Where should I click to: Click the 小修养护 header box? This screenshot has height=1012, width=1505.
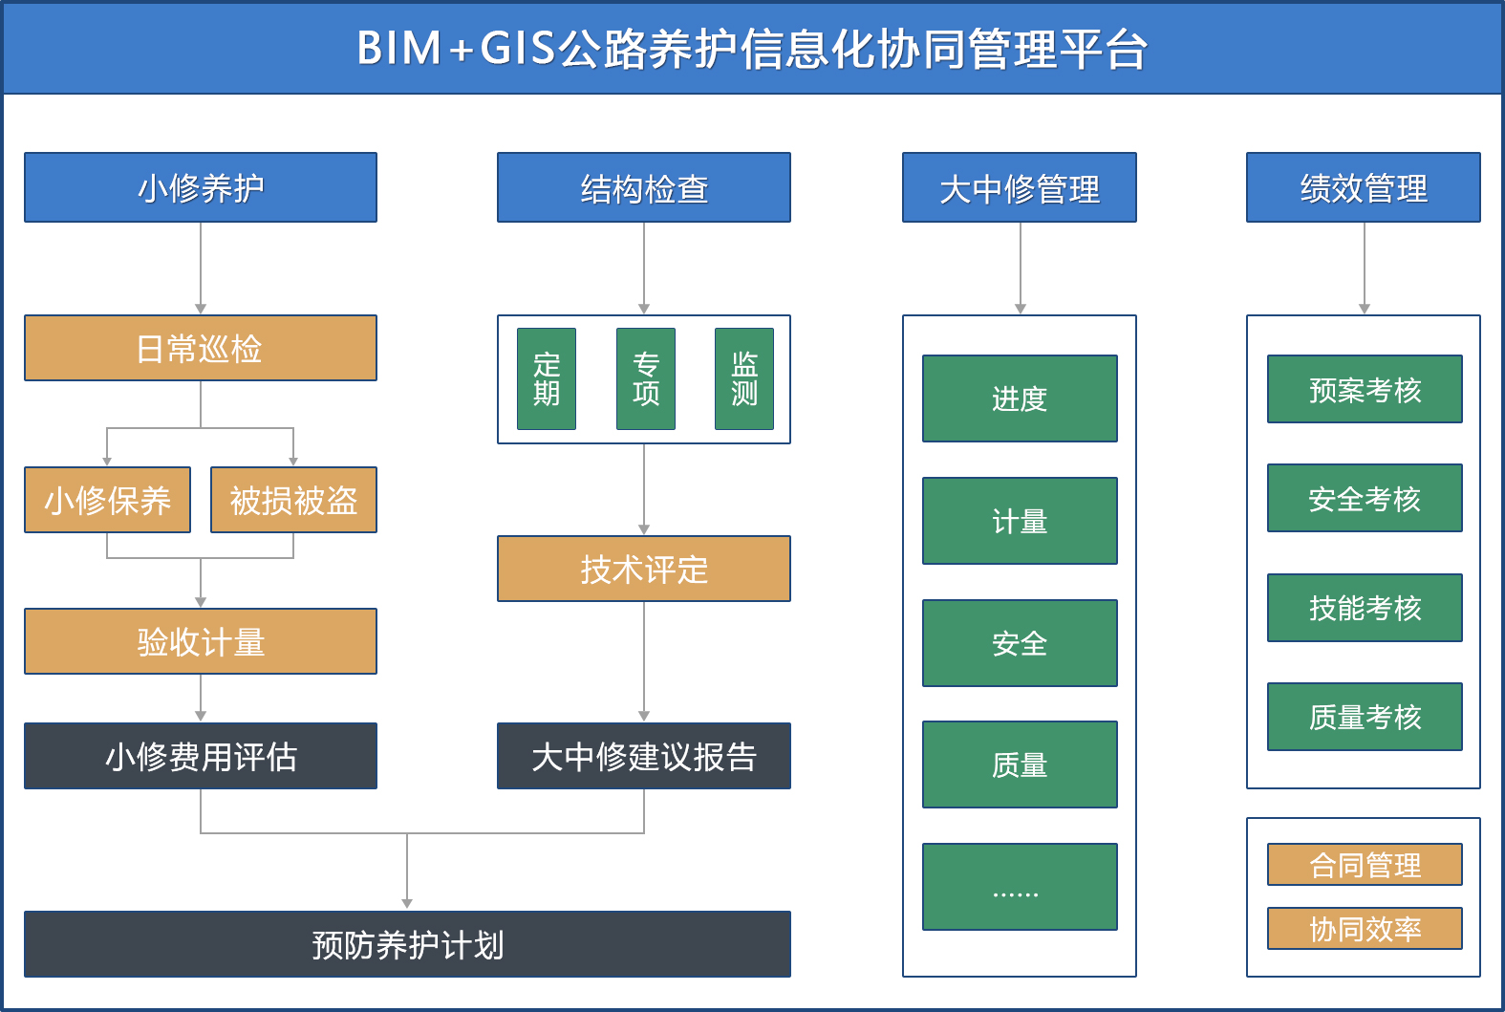[201, 187]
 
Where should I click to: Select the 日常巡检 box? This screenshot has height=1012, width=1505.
[201, 348]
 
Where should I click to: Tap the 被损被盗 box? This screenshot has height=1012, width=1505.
[293, 500]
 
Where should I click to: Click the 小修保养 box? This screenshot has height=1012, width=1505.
[107, 500]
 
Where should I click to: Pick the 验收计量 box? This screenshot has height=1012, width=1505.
[201, 641]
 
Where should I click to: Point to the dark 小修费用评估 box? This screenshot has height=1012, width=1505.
[201, 756]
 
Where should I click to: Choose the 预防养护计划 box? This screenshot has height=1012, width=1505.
[407, 944]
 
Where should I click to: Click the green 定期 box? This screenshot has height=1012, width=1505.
[547, 379]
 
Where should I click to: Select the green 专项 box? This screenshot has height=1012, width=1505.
[646, 379]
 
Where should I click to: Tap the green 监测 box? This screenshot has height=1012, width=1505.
[744, 379]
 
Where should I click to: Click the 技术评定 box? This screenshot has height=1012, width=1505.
[644, 569]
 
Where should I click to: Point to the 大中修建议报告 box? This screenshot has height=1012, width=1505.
[644, 756]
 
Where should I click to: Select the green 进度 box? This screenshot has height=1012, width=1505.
[1020, 398]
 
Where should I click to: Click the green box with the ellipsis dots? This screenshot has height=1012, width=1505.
[1020, 887]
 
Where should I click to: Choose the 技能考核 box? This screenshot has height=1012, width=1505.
[1365, 608]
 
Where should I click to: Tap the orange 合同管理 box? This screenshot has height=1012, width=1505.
[1365, 865]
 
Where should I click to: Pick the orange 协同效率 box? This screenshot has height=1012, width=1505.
[1365, 929]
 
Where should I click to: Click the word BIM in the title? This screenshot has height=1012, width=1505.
[398, 49]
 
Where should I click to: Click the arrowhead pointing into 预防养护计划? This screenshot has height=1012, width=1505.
[407, 904]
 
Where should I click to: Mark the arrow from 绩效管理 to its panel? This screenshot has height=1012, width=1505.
[1364, 269]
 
